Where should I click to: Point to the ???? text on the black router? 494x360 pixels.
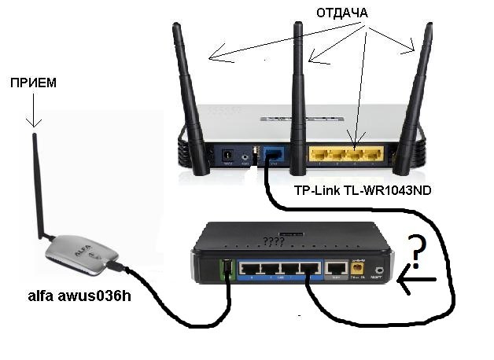pos(273,238)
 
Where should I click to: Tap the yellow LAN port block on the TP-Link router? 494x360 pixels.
pos(345,155)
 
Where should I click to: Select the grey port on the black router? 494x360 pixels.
pos(336,270)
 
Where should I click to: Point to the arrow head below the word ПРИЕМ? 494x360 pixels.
pos(33,121)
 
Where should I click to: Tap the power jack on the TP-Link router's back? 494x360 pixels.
pos(229,156)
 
